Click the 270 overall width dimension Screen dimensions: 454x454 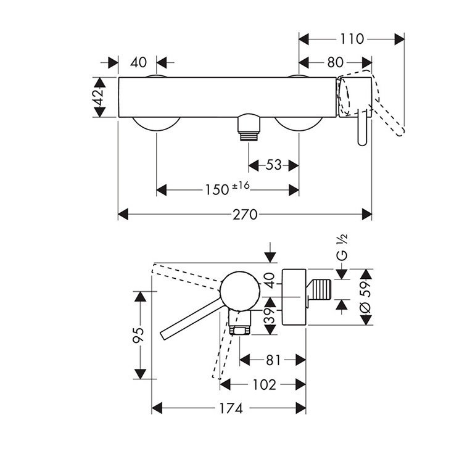(245, 214)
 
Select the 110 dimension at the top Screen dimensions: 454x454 (352, 39)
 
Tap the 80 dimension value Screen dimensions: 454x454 (336, 62)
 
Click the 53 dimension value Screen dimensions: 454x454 (273, 165)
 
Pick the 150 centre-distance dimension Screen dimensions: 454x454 (217, 190)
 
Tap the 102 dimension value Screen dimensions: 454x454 (263, 384)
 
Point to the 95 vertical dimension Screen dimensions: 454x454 (140, 335)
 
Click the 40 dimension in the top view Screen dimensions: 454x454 (138, 62)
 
